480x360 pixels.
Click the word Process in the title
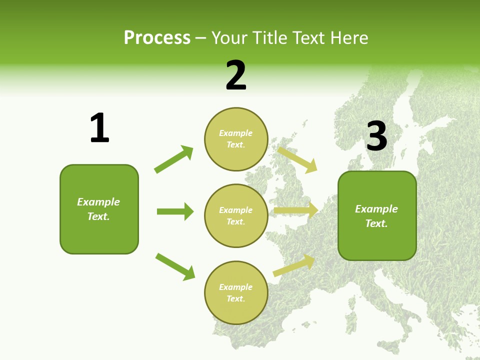(x=157, y=38)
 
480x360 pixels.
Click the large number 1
(x=99, y=128)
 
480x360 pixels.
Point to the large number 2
(x=236, y=75)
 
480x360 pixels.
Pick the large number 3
(x=376, y=136)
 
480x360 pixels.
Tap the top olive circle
(x=236, y=139)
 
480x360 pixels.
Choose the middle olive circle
(x=236, y=215)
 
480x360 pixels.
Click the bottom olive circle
(x=236, y=292)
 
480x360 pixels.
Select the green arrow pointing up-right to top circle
(x=174, y=159)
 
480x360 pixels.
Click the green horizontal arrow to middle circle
(x=175, y=211)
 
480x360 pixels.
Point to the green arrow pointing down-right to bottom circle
(x=175, y=266)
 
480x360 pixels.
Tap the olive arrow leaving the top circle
(x=297, y=159)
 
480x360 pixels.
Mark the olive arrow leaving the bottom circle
(x=294, y=265)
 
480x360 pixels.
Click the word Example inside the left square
(x=98, y=202)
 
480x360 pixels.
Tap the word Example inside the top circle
(x=236, y=133)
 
